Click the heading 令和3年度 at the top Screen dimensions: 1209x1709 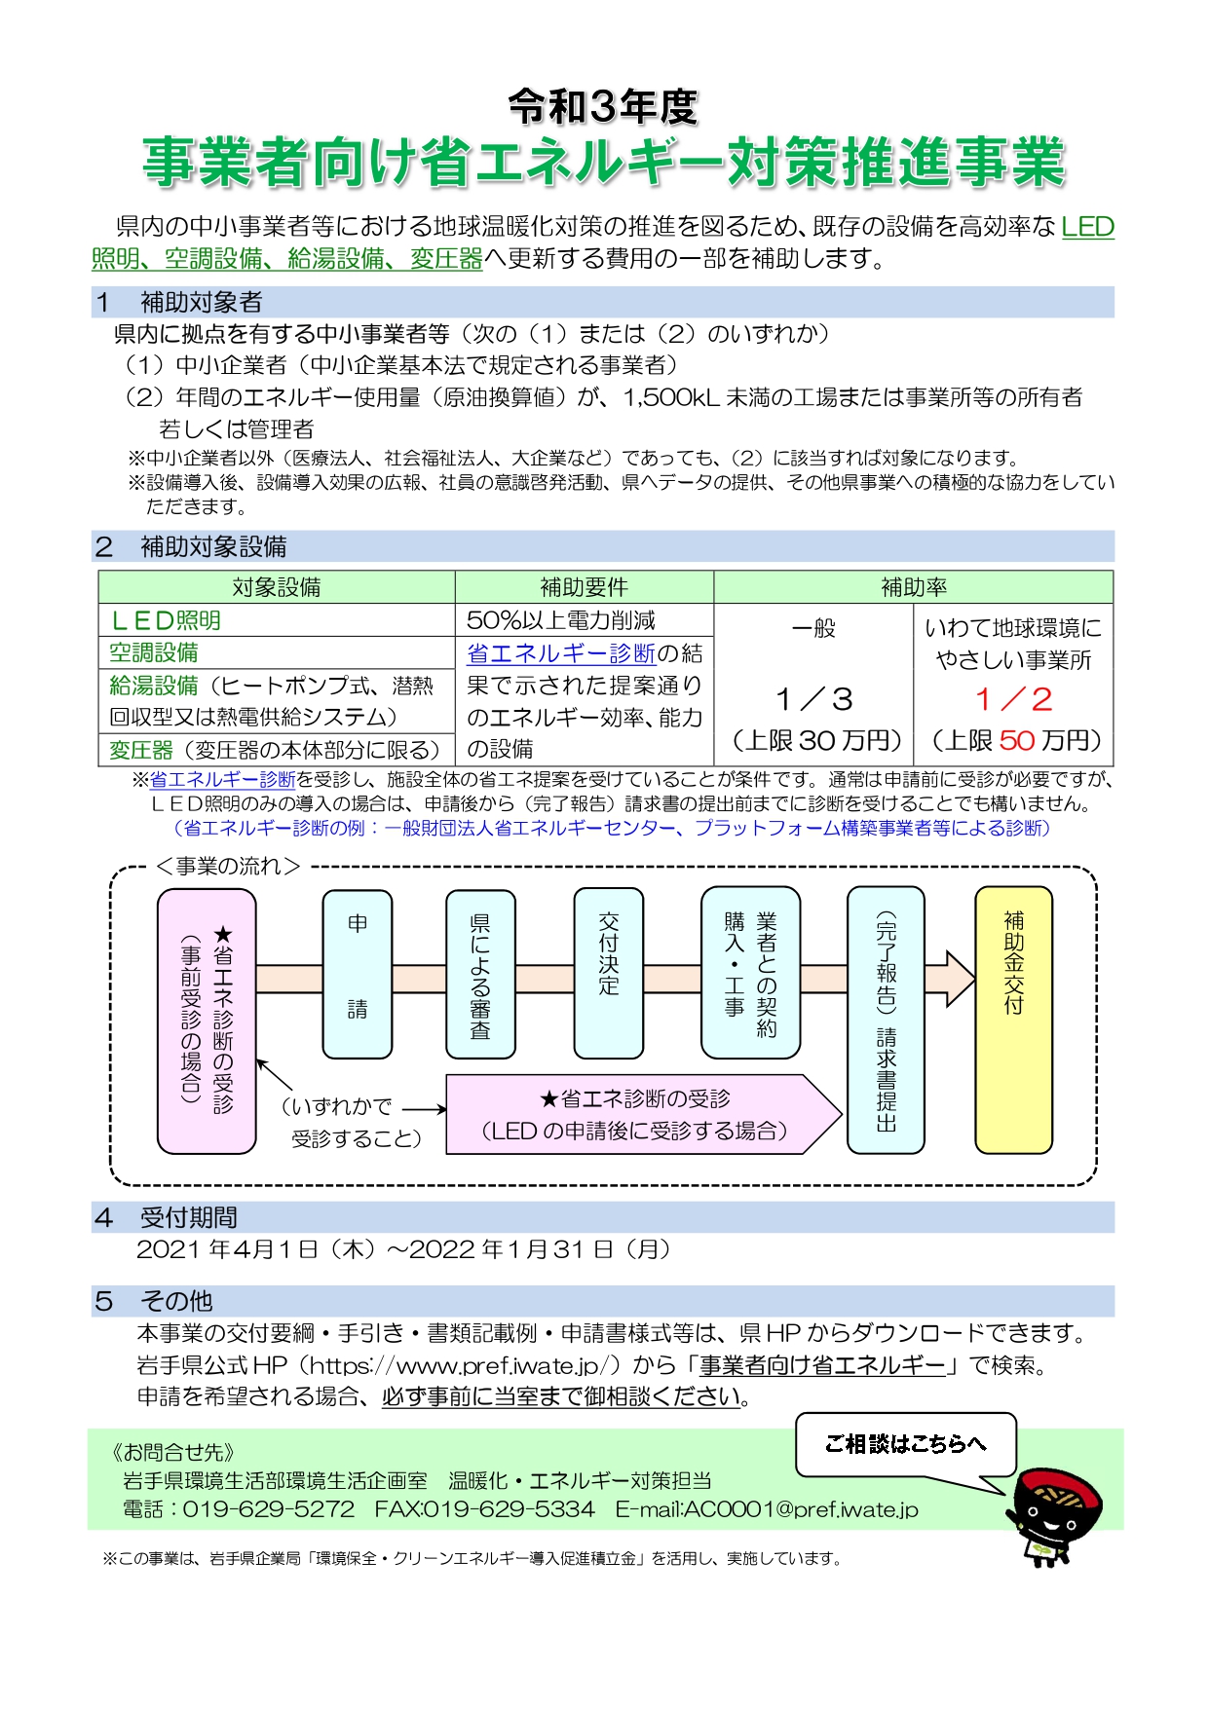603,106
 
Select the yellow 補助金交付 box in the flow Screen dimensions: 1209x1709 1013,1020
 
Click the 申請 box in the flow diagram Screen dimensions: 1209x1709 358,974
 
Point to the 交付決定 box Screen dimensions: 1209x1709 609,973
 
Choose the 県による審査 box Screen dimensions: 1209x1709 480,974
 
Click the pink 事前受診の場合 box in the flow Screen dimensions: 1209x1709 207,1021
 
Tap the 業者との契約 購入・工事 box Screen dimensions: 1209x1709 750,973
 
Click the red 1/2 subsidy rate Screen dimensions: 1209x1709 1013,699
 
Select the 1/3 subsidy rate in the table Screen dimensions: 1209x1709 814,699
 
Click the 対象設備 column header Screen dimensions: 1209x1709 277,587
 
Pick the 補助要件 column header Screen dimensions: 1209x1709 585,587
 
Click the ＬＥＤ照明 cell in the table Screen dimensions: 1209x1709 166,620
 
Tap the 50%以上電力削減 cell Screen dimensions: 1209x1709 561,620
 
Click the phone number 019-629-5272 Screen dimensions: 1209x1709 269,1509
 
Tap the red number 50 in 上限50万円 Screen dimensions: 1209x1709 1017,740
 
